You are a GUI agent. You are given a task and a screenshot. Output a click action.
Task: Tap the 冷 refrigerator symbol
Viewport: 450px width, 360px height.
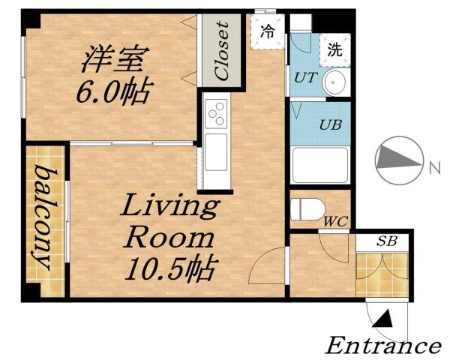click(267, 31)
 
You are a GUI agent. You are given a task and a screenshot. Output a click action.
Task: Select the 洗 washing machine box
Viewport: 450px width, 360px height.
click(334, 50)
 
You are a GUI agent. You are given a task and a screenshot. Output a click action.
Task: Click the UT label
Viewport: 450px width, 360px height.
click(304, 77)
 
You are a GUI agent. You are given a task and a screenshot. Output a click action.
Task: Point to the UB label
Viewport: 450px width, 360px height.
click(330, 124)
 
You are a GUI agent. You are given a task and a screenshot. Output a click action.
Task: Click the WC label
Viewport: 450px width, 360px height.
click(334, 222)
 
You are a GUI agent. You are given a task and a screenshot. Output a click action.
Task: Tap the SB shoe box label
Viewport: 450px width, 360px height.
click(386, 241)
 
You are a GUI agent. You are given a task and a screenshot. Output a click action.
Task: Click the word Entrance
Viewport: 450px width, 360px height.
click(382, 346)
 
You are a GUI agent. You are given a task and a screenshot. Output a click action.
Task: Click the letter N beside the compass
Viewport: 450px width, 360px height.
click(434, 169)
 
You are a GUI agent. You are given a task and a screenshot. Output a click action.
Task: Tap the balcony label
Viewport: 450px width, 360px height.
click(43, 219)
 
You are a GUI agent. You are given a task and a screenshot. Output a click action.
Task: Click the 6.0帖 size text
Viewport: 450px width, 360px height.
click(113, 94)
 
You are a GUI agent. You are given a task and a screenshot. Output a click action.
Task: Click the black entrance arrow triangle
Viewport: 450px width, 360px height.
click(382, 321)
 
